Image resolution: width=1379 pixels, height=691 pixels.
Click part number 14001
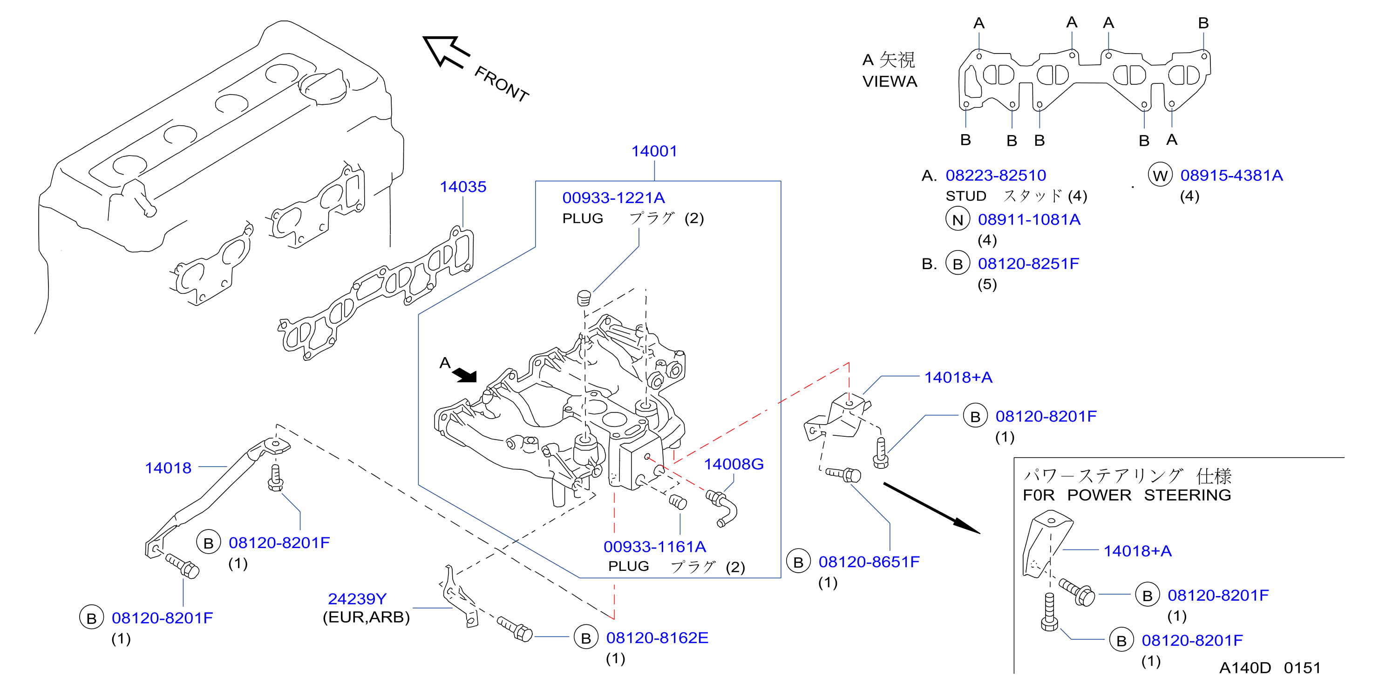[x=654, y=151]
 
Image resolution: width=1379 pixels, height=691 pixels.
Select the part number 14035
[x=463, y=187]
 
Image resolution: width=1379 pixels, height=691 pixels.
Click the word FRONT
[x=502, y=83]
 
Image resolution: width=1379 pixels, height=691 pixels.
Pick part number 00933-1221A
[x=613, y=198]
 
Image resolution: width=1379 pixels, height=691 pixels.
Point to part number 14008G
[x=734, y=464]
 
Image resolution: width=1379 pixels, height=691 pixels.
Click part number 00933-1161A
[x=655, y=547]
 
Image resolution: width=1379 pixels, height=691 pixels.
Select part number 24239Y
[x=357, y=598]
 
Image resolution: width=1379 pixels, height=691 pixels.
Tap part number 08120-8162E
[x=658, y=637]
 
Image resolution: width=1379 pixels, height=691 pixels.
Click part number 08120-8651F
[x=870, y=562]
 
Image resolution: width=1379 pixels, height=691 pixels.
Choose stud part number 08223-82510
[x=996, y=175]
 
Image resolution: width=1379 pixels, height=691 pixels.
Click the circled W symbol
[x=1160, y=176]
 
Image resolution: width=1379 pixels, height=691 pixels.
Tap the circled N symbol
[x=958, y=219]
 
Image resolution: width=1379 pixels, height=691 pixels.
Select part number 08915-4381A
[x=1232, y=175]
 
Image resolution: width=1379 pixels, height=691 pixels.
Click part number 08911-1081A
[x=1029, y=219]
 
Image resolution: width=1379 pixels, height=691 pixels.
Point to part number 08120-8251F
[x=1029, y=264]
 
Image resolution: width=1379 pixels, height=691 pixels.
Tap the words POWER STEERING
[x=1149, y=495]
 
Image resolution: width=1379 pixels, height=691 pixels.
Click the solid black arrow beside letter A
[x=464, y=375]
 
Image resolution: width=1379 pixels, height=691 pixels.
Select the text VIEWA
[x=890, y=81]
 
